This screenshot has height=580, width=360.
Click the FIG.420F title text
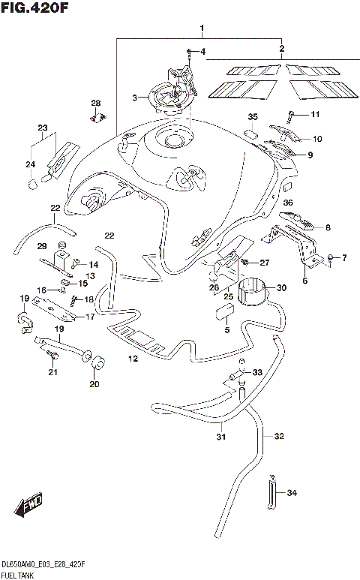pyautogui.click(x=34, y=10)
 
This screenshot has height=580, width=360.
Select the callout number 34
pyautogui.click(x=292, y=493)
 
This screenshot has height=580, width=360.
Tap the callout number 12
pyautogui.click(x=133, y=359)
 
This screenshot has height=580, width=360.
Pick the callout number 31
pyautogui.click(x=221, y=437)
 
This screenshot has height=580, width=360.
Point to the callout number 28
pyautogui.click(x=96, y=103)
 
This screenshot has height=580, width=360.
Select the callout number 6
pyautogui.click(x=305, y=281)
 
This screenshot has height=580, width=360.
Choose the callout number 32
pyautogui.click(x=279, y=436)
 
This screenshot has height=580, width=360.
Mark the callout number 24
pyautogui.click(x=30, y=164)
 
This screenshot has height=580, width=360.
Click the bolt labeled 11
pyautogui.click(x=291, y=114)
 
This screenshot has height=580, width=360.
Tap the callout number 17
pyautogui.click(x=91, y=317)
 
